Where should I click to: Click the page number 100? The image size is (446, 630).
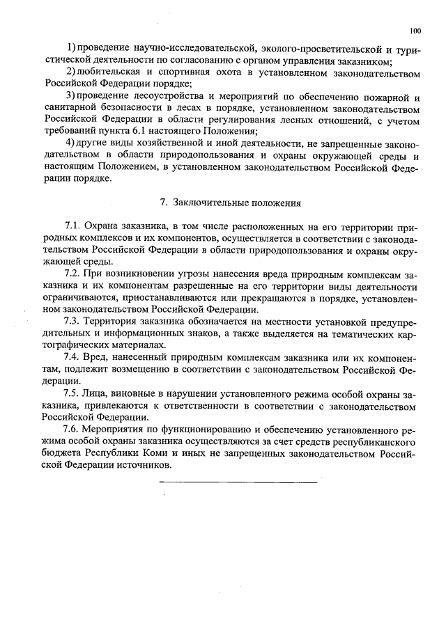[415, 31]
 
